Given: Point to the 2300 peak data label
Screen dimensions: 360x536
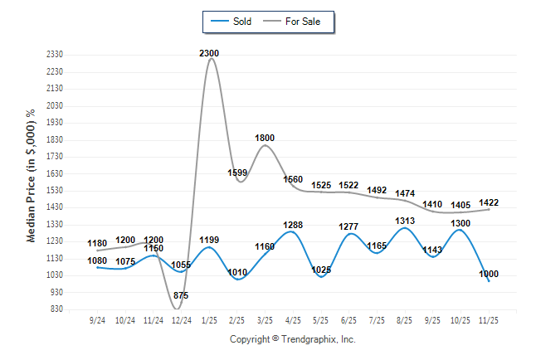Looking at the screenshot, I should coord(210,53).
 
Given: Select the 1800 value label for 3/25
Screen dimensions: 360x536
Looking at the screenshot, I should coord(265,138).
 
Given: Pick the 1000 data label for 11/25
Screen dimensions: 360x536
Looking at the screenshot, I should coord(489,274).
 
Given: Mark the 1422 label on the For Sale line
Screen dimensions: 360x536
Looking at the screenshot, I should coord(489,202).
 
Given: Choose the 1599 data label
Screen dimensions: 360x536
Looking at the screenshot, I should coord(237,173).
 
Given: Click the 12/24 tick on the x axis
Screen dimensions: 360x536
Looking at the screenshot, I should coord(181,319).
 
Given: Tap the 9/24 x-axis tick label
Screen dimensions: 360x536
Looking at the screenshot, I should coord(97,319).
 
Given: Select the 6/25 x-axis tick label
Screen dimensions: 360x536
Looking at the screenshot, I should coord(348,319).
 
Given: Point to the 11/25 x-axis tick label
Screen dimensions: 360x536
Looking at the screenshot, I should coord(489,319).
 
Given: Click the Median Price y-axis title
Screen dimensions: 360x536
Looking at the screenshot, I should coord(32,175).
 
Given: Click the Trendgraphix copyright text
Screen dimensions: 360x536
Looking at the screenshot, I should coord(292,339).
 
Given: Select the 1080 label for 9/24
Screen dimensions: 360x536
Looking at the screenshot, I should coord(97,260).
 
